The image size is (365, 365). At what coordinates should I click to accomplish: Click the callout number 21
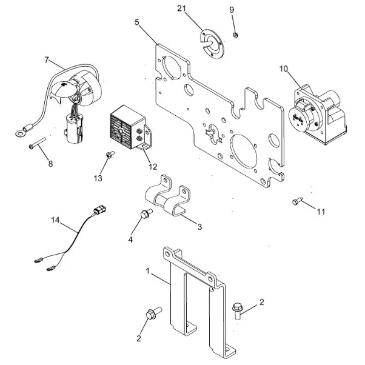point(181,8)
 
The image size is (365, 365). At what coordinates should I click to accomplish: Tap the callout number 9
point(231,10)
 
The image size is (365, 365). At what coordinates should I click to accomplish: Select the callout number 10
point(283,68)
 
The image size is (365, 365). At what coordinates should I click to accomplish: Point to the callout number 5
point(137,22)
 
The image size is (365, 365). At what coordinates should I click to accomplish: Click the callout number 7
point(46,59)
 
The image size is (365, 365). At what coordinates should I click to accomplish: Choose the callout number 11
point(321,212)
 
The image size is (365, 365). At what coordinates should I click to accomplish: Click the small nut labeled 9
point(236,34)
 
